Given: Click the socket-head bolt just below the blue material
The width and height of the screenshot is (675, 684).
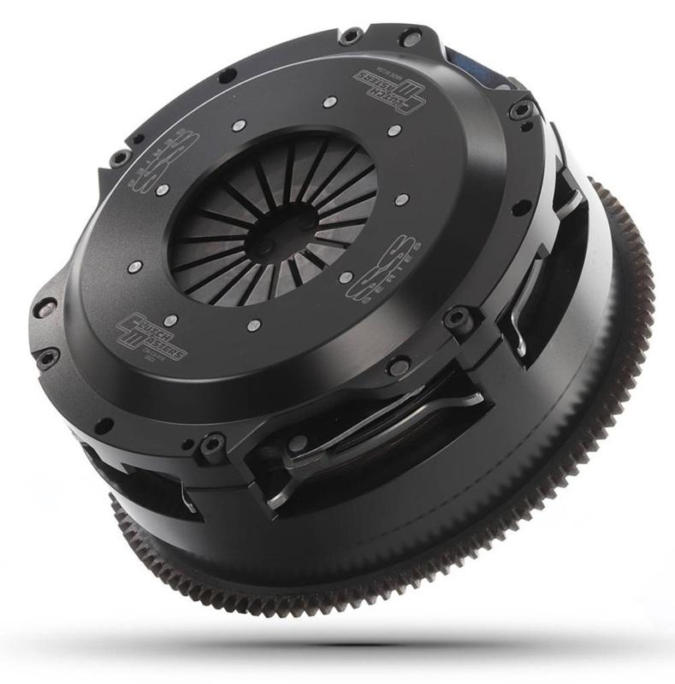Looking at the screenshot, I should tap(516, 112).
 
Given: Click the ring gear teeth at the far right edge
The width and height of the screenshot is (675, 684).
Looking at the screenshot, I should tap(643, 282).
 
